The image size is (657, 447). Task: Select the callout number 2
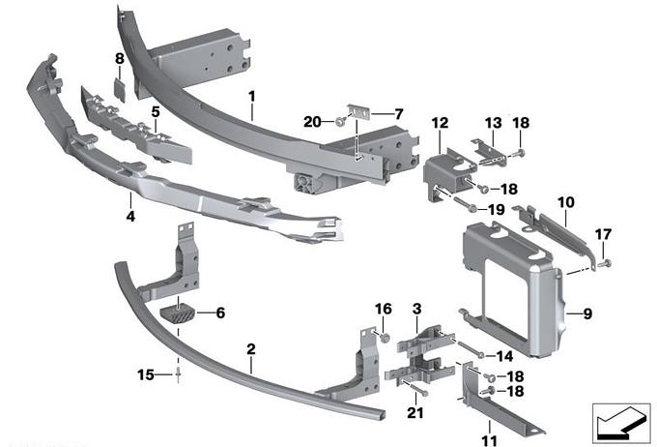[x=250, y=348]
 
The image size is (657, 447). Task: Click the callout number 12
[x=440, y=123]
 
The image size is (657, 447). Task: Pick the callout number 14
[x=505, y=356]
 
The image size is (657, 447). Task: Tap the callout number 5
[x=155, y=112]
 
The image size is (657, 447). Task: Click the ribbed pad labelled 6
[x=181, y=314]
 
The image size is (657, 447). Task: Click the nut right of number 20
[x=342, y=122]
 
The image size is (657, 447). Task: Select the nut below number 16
[x=384, y=338]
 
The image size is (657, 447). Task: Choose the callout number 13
[x=494, y=123]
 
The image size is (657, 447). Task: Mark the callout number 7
[x=398, y=113]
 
